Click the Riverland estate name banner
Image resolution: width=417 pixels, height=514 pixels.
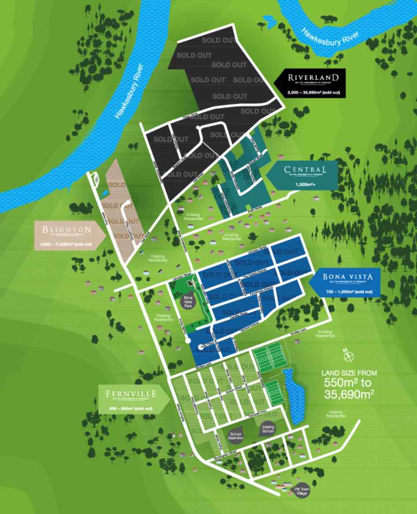click(313, 78)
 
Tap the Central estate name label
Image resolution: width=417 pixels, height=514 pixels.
click(306, 170)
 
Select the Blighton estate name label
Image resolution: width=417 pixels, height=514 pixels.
click(66, 229)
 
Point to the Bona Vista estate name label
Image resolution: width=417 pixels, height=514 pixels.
click(348, 277)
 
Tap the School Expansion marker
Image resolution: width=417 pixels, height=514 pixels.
click(235, 435)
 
